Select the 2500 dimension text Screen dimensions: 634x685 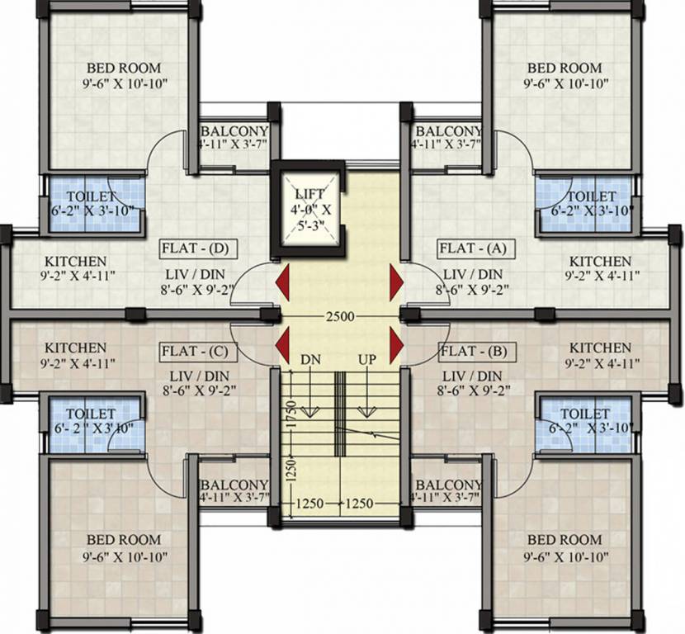[340, 315]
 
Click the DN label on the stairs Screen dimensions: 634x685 [311, 361]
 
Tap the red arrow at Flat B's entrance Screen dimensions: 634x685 [395, 341]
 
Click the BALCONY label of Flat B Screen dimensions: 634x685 [449, 485]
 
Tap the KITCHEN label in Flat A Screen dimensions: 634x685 [600, 261]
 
